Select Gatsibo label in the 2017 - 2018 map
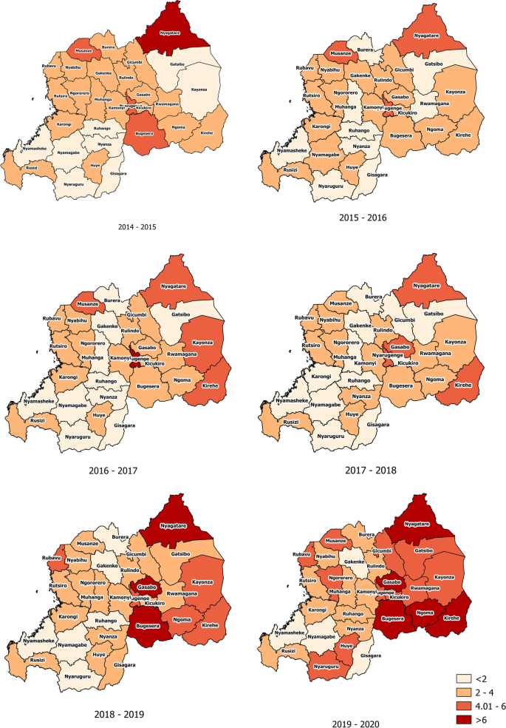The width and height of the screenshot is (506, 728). pos(434,314)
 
